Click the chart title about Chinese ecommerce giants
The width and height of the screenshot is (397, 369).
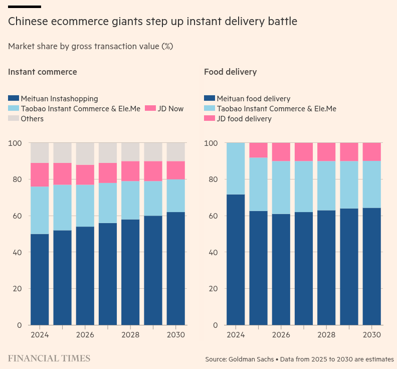(x=152, y=22)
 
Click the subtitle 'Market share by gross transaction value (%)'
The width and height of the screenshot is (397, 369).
(x=90, y=46)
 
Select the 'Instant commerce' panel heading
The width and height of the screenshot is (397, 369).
(x=43, y=72)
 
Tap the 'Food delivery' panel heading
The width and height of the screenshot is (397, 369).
(x=230, y=72)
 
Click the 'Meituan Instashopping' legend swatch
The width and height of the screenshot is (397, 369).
(x=14, y=99)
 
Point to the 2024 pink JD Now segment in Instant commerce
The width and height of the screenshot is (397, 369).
(x=40, y=174)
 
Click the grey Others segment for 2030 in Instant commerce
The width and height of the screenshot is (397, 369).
(x=176, y=152)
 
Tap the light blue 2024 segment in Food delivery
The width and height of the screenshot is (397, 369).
(x=236, y=168)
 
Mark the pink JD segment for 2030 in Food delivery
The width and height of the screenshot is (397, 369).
(x=372, y=152)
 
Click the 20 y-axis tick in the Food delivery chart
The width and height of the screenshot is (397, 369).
(x=214, y=289)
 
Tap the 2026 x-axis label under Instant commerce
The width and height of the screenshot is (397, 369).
(x=85, y=335)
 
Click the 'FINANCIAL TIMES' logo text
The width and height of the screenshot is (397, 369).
(x=49, y=358)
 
